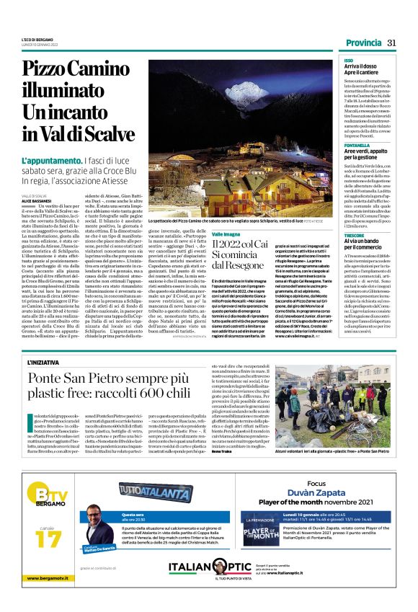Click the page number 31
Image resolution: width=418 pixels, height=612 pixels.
[x=391, y=43]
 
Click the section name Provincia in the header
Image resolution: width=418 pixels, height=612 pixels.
[x=363, y=43]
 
